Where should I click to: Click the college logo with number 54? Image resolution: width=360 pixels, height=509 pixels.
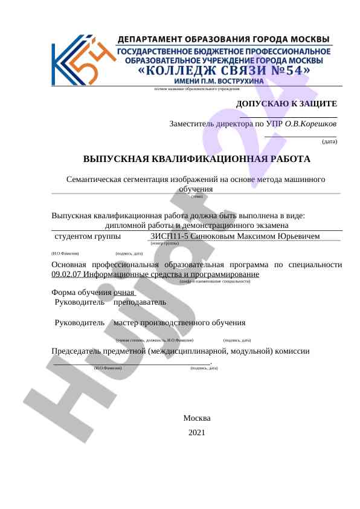click(x=81, y=60)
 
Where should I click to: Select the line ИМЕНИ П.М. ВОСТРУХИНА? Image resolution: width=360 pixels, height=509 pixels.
click(x=219, y=81)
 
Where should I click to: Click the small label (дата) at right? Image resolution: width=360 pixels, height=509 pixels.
click(x=330, y=141)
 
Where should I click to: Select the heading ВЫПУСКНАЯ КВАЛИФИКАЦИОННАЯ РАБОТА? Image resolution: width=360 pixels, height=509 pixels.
click(x=197, y=159)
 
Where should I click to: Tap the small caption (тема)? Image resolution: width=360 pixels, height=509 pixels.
click(x=197, y=196)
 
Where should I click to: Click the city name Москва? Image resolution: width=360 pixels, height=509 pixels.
click(x=197, y=418)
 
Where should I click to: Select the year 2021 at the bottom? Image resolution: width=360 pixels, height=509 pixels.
click(x=197, y=432)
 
